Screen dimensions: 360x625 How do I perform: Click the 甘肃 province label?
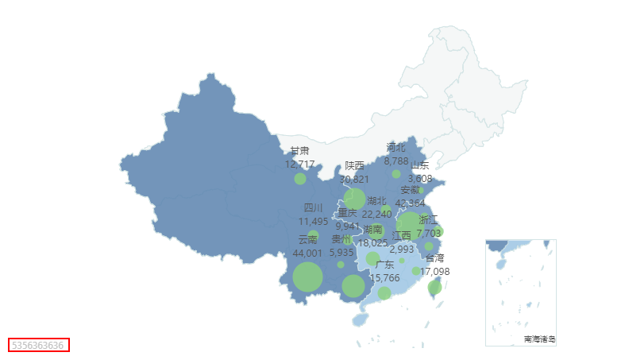click(299, 151)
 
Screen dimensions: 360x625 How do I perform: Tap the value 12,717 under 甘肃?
click(299, 164)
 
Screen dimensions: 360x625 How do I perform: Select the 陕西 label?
click(354, 166)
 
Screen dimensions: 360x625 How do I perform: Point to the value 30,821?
click(354, 179)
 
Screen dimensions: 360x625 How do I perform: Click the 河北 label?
click(395, 147)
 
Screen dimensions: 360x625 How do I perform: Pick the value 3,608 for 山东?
click(420, 178)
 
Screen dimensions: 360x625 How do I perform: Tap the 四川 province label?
click(314, 208)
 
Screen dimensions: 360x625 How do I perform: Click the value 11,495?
click(314, 221)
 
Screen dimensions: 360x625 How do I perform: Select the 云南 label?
click(307, 239)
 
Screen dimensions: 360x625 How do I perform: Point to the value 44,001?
click(307, 253)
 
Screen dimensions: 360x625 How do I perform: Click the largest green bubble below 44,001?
click(307, 278)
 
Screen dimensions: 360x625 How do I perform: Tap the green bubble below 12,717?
click(300, 179)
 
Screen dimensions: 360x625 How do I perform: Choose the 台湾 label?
click(434, 258)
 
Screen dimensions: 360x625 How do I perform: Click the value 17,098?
click(434, 271)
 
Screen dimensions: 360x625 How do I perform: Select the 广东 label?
click(385, 265)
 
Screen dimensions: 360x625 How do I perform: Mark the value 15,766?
click(385, 277)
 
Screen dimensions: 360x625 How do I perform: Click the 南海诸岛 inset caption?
click(539, 339)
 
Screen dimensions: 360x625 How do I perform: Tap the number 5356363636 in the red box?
click(38, 345)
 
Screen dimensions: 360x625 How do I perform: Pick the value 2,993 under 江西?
click(402, 249)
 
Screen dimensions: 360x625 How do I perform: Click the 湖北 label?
click(376, 201)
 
